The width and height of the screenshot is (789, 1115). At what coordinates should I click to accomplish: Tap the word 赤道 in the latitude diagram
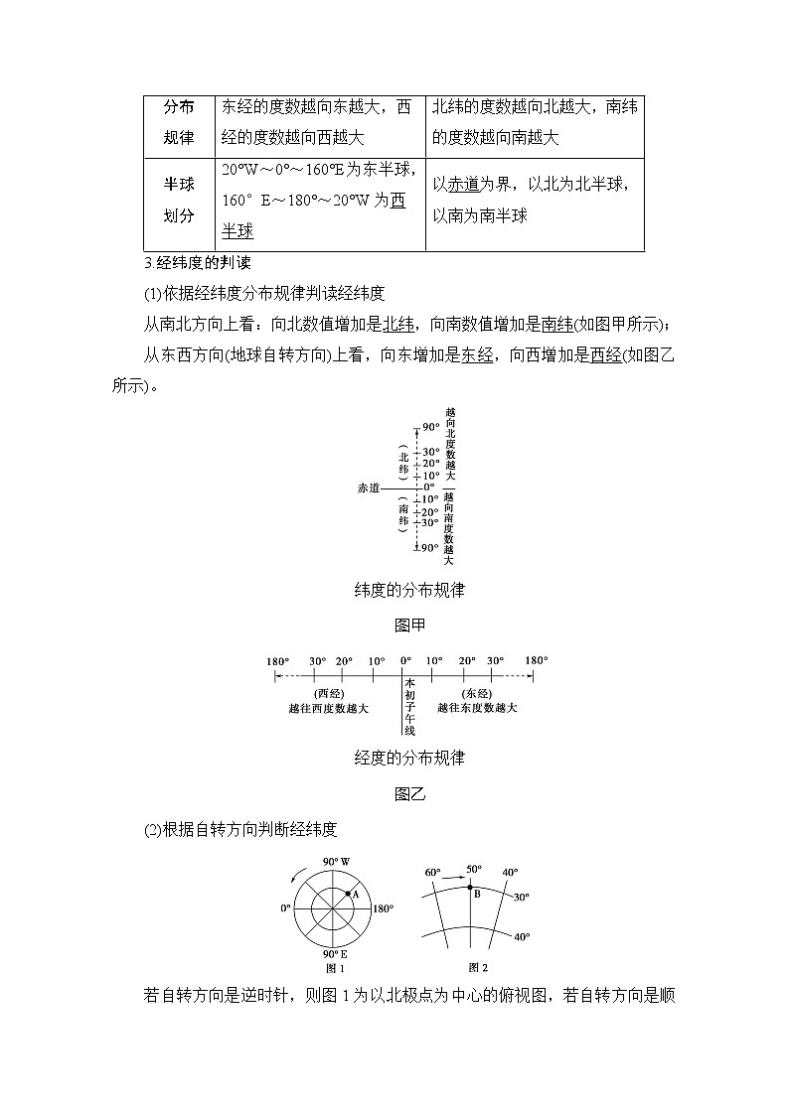coord(369,488)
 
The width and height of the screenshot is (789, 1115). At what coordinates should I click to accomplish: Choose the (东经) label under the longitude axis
coord(477,693)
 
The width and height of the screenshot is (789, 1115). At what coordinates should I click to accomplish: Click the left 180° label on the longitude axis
coord(278,660)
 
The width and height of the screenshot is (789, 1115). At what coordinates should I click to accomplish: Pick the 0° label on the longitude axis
coord(405,660)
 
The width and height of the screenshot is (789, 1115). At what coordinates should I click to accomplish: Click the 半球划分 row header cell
coord(179,200)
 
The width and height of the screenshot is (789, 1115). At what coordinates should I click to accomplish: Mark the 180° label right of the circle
coord(383,908)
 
